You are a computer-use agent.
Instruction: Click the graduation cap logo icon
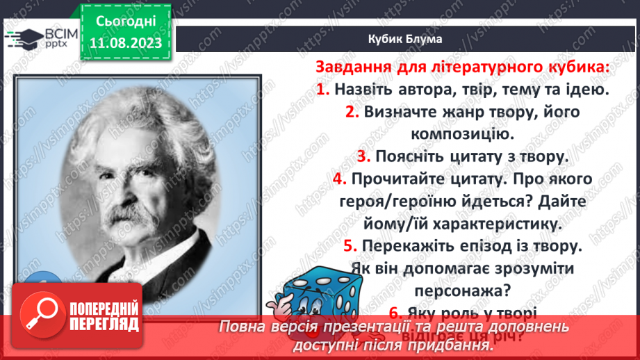[21, 37]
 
